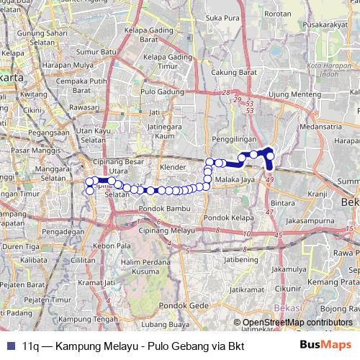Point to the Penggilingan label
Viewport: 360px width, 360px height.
234,138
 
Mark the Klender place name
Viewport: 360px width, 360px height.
174,166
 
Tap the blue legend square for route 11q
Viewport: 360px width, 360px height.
9,345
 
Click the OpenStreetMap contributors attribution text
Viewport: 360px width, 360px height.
297,322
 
